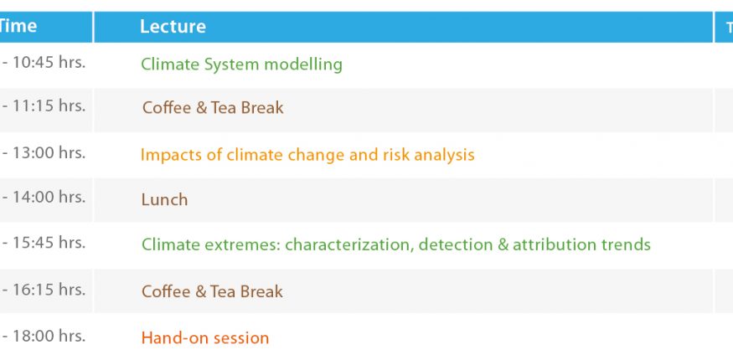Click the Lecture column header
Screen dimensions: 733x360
(x=173, y=27)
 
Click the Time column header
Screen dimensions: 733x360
(x=18, y=26)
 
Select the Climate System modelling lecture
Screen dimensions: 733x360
(x=241, y=64)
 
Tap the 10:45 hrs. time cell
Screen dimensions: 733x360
(x=44, y=63)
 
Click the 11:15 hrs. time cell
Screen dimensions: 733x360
(x=44, y=106)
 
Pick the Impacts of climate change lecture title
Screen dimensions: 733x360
(x=307, y=155)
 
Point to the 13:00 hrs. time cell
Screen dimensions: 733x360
(x=44, y=152)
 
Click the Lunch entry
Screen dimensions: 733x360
(x=164, y=200)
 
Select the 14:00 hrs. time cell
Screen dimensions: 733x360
(x=44, y=197)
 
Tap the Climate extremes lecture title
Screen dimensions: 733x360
(x=396, y=244)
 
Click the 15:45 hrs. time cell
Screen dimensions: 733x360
(x=44, y=242)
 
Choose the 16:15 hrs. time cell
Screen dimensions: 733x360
(x=44, y=290)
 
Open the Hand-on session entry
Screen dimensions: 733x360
(x=204, y=337)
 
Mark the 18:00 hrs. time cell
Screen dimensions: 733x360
(x=44, y=336)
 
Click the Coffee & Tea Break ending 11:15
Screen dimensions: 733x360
(x=213, y=108)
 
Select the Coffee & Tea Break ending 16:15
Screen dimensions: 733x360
(x=212, y=292)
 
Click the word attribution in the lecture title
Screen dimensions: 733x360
(x=549, y=244)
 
